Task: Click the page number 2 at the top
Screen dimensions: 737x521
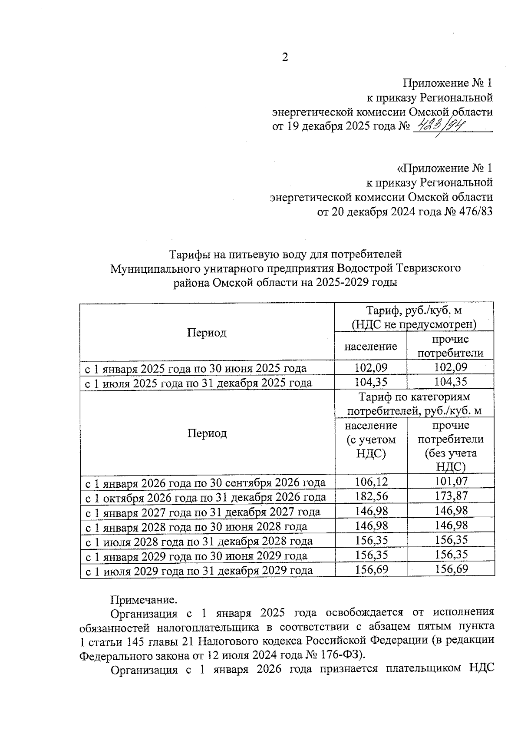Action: point(285,57)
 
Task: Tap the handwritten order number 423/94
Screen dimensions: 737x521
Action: point(441,126)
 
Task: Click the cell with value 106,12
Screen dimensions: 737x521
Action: point(371,481)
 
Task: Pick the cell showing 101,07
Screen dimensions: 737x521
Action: point(451,481)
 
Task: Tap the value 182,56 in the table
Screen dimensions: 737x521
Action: point(371,496)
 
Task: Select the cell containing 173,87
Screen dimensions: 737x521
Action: point(451,496)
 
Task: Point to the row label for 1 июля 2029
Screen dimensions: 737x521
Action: point(198,570)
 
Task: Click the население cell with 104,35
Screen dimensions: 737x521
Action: point(371,382)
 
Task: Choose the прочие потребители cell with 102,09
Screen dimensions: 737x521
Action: point(451,367)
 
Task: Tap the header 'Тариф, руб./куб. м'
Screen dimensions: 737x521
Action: point(414,311)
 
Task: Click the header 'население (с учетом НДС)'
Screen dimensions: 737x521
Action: point(371,439)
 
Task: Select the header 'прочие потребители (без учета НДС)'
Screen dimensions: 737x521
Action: point(451,446)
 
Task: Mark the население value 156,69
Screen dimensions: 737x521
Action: point(371,569)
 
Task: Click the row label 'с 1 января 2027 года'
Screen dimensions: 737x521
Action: point(202,512)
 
